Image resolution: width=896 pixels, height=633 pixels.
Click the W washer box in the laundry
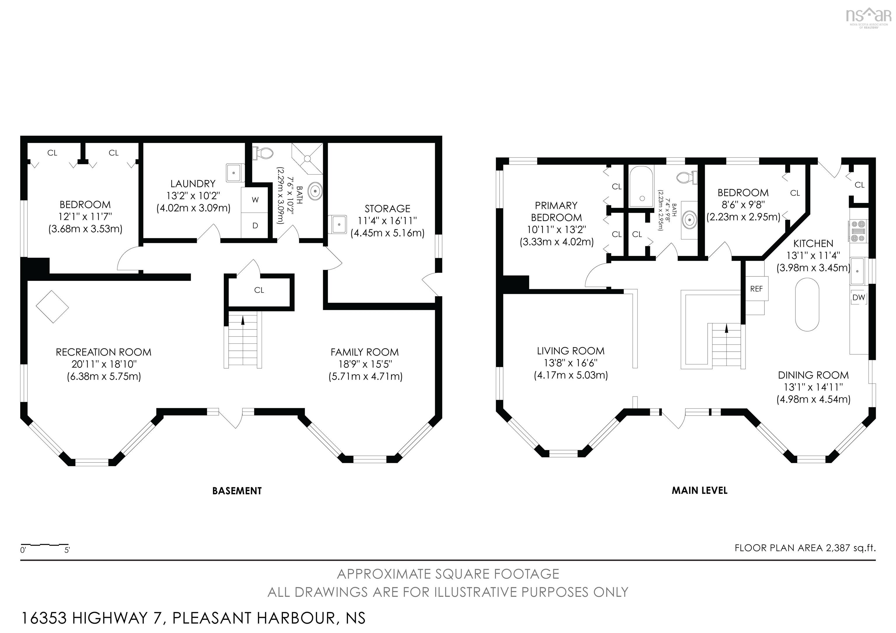pyautogui.click(x=255, y=200)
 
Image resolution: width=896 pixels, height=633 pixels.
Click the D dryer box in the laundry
pyautogui.click(x=255, y=225)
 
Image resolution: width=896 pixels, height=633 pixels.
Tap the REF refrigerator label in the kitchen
pyautogui.click(x=756, y=289)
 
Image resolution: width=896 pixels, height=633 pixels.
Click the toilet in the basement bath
pyautogui.click(x=262, y=152)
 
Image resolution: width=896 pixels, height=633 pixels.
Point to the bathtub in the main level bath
pyautogui.click(x=641, y=186)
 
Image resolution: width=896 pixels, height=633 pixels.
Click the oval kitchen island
pyautogui.click(x=807, y=305)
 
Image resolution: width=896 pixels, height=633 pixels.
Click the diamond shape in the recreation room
pyautogui.click(x=52, y=306)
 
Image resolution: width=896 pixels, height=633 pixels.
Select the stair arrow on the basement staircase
pyautogui.click(x=243, y=321)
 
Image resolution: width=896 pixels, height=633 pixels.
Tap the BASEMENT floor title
pyautogui.click(x=237, y=491)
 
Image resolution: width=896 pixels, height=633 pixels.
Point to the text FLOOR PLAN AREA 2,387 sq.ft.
pyautogui.click(x=805, y=548)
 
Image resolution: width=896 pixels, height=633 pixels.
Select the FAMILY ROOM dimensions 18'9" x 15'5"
pyautogui.click(x=365, y=364)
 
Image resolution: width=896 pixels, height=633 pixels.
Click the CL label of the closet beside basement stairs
pyautogui.click(x=259, y=290)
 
